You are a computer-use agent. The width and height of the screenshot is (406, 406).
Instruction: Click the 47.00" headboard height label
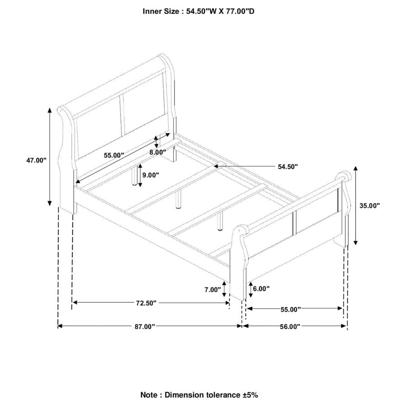click(36, 160)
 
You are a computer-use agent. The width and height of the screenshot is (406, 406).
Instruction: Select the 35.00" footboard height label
click(369, 206)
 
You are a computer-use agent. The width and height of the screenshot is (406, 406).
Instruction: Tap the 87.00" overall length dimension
click(145, 327)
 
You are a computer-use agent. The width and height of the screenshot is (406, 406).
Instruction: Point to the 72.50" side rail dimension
click(146, 303)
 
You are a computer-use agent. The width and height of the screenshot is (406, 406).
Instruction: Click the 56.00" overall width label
click(290, 327)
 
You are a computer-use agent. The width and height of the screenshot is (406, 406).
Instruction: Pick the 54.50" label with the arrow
click(288, 167)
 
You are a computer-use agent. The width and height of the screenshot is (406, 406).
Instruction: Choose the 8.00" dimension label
click(158, 152)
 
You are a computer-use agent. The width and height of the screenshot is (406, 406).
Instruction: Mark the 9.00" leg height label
click(150, 175)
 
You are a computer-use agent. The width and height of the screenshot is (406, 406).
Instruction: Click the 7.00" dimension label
click(212, 290)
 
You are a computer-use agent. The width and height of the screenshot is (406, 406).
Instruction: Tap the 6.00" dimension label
click(261, 289)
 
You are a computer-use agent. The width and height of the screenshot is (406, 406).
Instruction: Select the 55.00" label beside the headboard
click(114, 155)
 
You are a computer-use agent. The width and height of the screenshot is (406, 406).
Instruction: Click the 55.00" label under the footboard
click(291, 309)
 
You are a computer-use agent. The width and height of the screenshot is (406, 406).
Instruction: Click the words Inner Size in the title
click(161, 11)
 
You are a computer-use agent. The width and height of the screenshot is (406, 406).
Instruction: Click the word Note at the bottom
click(149, 395)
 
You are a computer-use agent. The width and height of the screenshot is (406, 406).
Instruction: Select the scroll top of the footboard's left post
click(240, 229)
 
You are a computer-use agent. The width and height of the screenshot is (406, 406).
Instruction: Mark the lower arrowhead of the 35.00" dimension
click(355, 242)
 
